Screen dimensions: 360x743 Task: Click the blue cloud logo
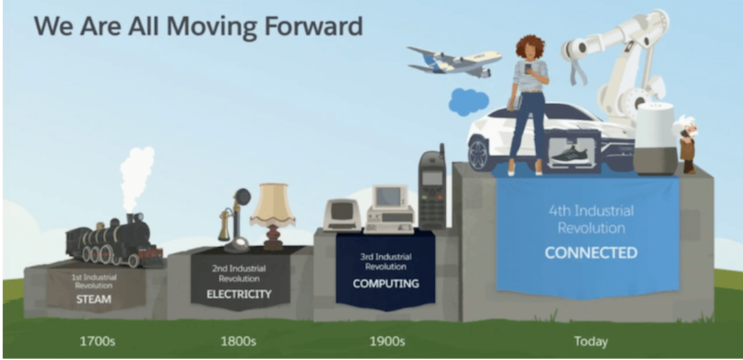(468, 102)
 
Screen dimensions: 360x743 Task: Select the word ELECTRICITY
(239, 295)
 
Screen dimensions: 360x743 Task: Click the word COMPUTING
(385, 283)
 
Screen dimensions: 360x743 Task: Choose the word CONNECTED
(591, 253)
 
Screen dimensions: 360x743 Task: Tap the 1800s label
(238, 340)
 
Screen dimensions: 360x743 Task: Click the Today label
(590, 341)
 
